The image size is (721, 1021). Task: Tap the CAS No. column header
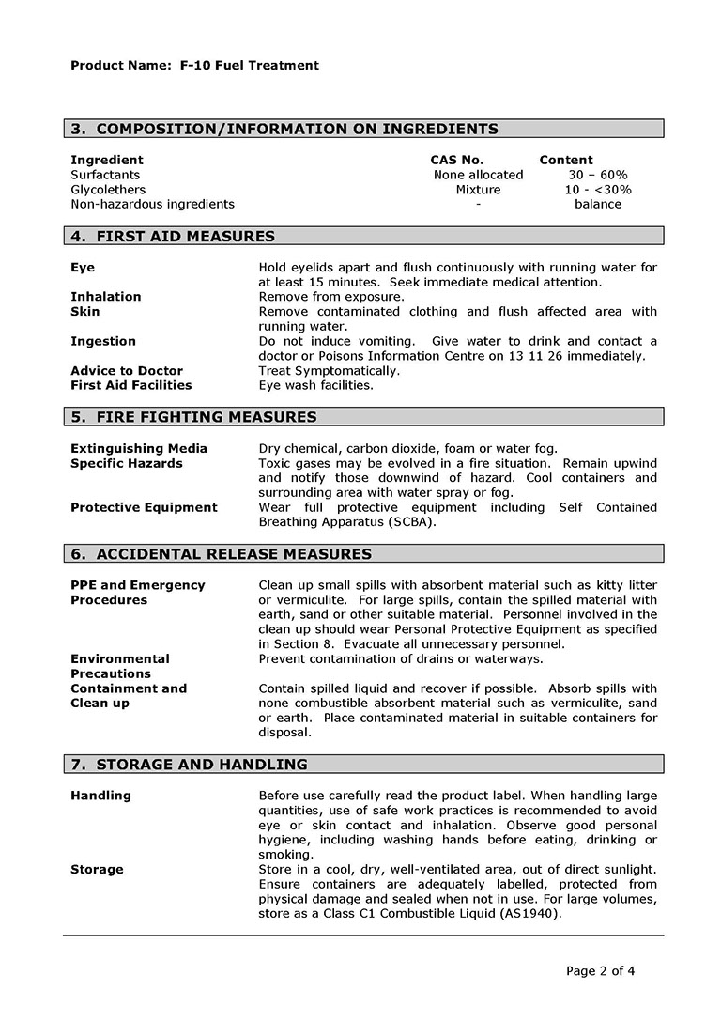457,161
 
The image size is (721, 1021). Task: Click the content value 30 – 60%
598,175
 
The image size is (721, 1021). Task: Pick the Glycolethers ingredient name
108,190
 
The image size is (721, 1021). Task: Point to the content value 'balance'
598,204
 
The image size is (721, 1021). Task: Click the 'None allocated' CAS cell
478,175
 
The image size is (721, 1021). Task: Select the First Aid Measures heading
173,237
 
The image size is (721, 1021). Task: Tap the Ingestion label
103,341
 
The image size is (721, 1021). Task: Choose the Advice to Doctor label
127,371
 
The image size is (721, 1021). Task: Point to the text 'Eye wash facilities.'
315,385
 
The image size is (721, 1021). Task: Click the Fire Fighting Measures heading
193,417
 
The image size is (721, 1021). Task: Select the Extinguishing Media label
139,449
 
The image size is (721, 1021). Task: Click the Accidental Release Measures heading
221,554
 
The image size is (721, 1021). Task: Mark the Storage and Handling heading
189,765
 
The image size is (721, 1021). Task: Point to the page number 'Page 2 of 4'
601,971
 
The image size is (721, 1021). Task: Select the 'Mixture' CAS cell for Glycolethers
478,190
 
